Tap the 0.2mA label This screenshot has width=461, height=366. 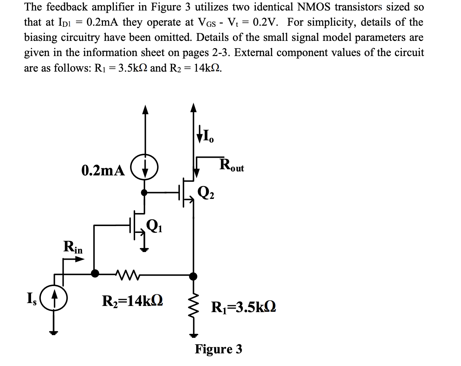click(103, 170)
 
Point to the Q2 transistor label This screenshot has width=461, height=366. click(206, 193)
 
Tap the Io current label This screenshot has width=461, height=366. click(205, 137)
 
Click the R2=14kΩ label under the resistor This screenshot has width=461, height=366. click(133, 301)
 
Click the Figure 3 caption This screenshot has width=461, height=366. click(219, 349)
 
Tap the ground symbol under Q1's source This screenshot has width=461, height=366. click(145, 249)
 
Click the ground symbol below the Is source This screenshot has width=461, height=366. click(54, 332)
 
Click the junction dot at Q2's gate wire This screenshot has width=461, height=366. click(145, 192)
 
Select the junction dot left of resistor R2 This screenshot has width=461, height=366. click(95, 273)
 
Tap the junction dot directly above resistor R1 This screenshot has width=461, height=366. click(194, 277)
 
